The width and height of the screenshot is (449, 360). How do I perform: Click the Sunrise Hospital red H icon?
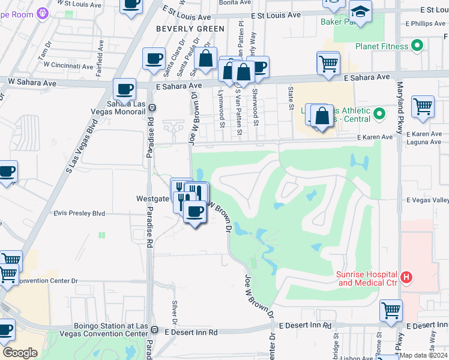click(407, 277)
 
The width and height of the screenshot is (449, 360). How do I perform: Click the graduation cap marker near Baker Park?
click(360, 11)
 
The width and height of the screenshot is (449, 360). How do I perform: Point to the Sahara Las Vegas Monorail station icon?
click(152, 108)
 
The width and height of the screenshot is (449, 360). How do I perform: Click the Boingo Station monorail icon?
click(155, 330)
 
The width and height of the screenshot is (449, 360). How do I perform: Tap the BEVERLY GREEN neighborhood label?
click(190, 28)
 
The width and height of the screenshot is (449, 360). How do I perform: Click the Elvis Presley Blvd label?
click(79, 213)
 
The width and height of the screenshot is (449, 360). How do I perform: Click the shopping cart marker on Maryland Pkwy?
click(423, 107)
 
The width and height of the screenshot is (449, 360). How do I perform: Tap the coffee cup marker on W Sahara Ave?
click(124, 89)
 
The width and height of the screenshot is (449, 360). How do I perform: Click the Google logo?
click(20, 353)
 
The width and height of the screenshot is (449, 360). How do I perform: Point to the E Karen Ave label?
click(375, 137)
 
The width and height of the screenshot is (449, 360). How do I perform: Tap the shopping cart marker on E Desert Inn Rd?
click(391, 310)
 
